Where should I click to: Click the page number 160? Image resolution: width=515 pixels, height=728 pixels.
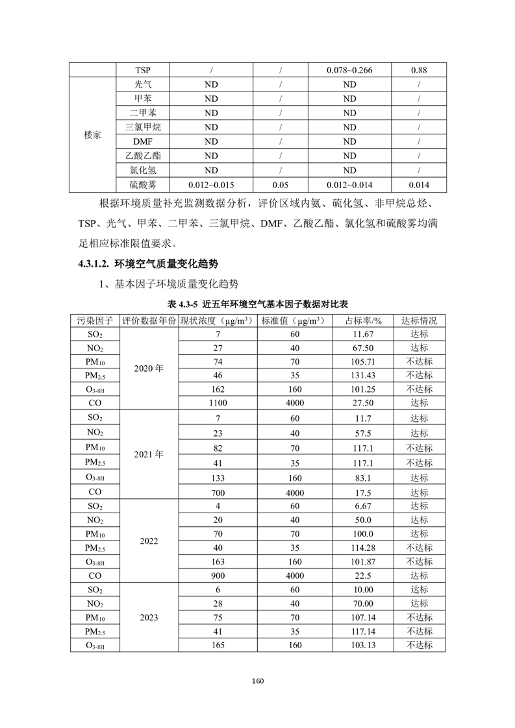(257, 681)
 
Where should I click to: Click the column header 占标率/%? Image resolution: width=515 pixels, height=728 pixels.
(363, 321)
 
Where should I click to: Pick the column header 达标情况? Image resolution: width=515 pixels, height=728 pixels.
(419, 321)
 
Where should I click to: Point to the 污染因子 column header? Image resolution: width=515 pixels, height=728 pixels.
(95, 321)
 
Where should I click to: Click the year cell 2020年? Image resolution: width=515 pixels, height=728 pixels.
(149, 369)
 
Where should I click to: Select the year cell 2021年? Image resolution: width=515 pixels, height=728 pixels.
(149, 454)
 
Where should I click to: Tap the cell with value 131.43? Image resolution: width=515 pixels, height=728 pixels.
(363, 376)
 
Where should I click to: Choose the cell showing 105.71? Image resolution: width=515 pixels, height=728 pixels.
(363, 361)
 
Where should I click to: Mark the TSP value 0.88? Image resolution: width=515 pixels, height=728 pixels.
(419, 70)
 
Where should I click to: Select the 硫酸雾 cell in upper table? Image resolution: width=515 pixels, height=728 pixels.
(143, 184)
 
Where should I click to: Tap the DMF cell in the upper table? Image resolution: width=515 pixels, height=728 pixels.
(143, 141)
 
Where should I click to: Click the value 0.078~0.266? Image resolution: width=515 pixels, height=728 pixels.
(349, 70)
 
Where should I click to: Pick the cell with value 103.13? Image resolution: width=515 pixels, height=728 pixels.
(363, 645)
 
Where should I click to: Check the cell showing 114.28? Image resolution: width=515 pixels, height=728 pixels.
(363, 548)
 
